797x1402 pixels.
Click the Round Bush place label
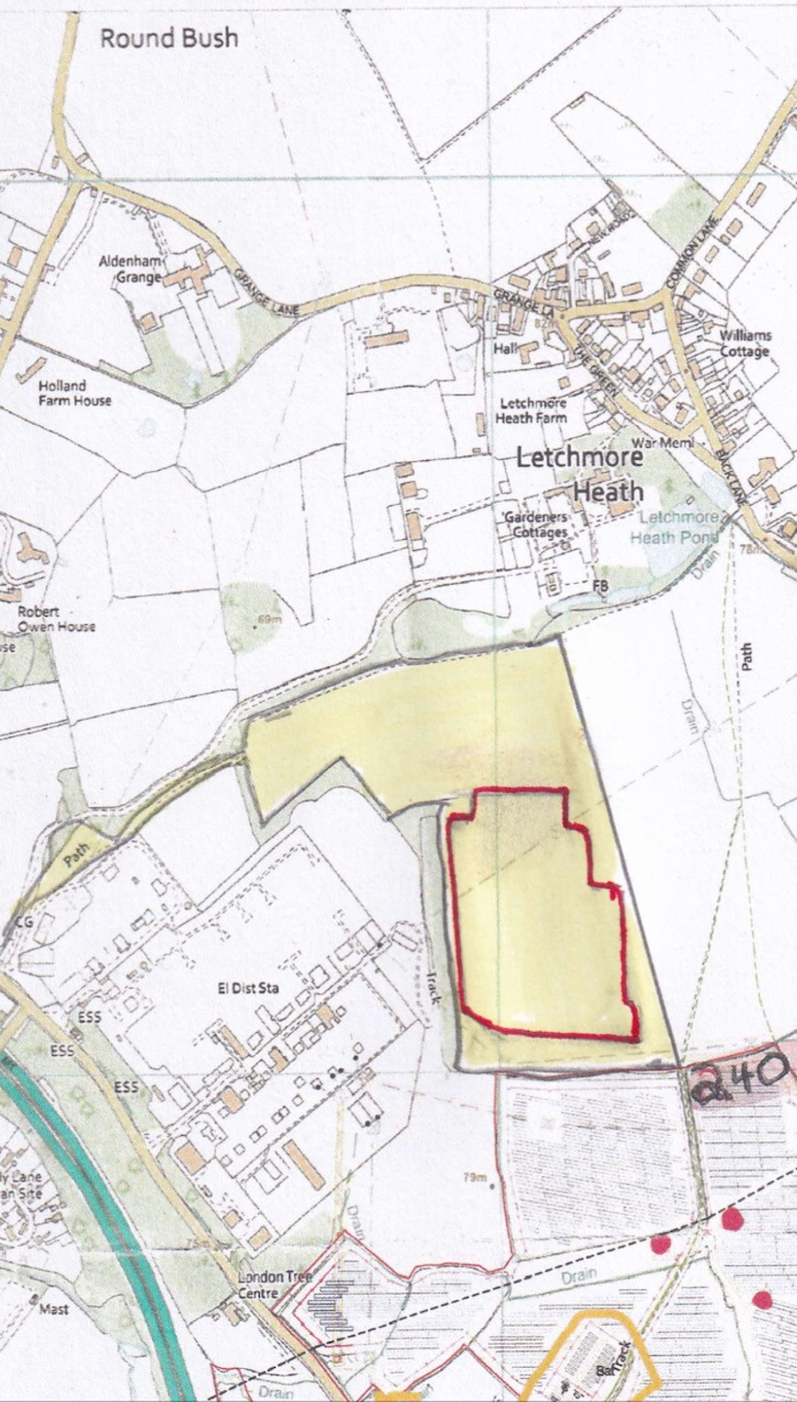(x=169, y=39)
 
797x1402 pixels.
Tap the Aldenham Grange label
(x=129, y=269)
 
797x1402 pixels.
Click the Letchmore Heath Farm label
(x=533, y=410)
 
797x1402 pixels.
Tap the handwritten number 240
(x=739, y=1081)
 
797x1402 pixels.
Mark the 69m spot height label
(x=268, y=620)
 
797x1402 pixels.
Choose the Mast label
(x=53, y=1309)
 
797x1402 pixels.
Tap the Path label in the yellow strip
(x=79, y=862)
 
